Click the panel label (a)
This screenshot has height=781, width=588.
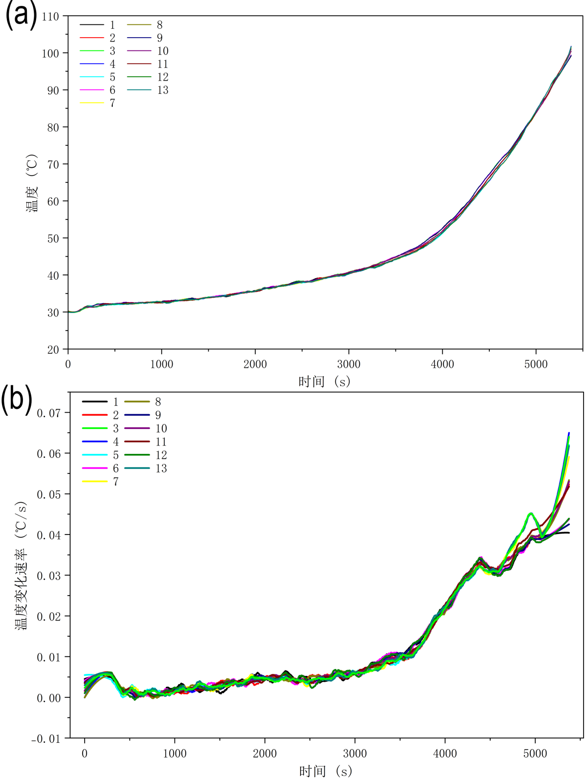pos(21,15)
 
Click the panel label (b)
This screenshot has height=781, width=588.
pos(17,400)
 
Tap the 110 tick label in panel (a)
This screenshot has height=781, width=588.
pos(50,16)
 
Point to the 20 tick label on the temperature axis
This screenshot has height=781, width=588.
pos(53,350)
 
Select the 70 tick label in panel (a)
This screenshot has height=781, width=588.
pos(53,164)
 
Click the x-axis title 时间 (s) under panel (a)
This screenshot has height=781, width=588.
pos(324,381)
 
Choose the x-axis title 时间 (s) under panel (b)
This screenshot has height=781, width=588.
pos(325,771)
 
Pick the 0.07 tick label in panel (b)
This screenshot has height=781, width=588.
pos(49,413)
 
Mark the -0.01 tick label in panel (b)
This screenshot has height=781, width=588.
pos(46,738)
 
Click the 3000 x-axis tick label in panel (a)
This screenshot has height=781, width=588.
pos(348,364)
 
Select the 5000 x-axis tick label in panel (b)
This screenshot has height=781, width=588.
pos(535,754)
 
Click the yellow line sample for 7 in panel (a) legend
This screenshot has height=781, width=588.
pos(92,103)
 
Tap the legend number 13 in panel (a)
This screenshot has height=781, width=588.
pos(163,90)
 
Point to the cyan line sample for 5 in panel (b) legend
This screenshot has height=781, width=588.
pos(95,455)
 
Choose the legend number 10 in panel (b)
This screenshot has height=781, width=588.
pos(161,428)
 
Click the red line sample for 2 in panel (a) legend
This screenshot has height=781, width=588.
pos(92,38)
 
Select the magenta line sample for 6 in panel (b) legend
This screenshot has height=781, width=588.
pos(95,469)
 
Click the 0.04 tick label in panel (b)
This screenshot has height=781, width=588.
pos(49,535)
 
